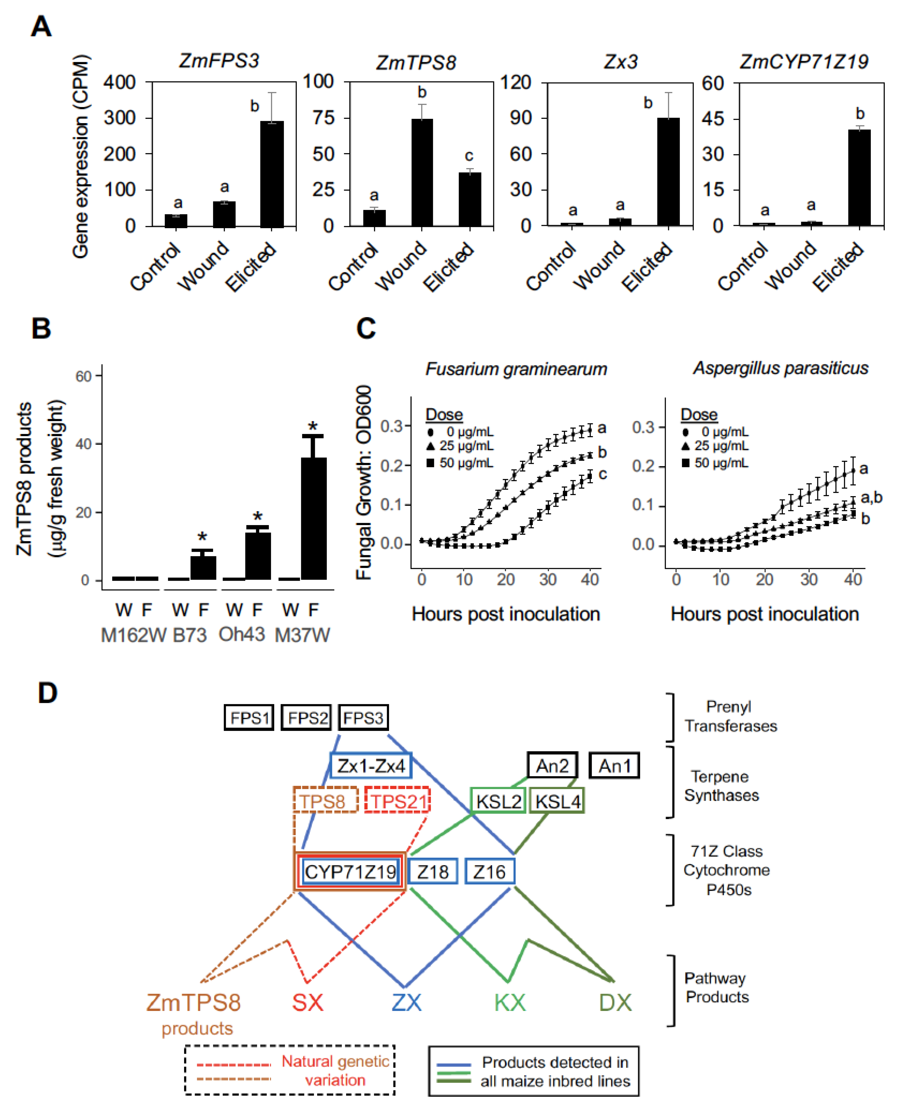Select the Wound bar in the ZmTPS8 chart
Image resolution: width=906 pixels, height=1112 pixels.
pyautogui.click(x=422, y=172)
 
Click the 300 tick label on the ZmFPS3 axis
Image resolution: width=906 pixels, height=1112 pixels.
pyautogui.click(x=120, y=118)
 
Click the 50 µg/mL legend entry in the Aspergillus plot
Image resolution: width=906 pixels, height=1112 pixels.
pyautogui.click(x=715, y=463)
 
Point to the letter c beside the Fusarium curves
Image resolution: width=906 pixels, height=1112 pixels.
pyautogui.click(x=603, y=474)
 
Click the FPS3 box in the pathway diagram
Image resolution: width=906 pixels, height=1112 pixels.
pyautogui.click(x=363, y=718)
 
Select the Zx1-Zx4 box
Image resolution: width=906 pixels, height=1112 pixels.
pyautogui.click(x=370, y=766)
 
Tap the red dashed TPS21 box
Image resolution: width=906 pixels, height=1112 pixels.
pyautogui.click(x=398, y=801)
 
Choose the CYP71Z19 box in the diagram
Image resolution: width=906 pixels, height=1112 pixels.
pyautogui.click(x=350, y=872)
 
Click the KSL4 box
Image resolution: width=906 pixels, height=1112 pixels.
pyautogui.click(x=557, y=801)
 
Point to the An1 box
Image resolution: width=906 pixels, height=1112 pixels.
pyautogui.click(x=614, y=766)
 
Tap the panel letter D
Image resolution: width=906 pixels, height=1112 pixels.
pyautogui.click(x=48, y=694)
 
